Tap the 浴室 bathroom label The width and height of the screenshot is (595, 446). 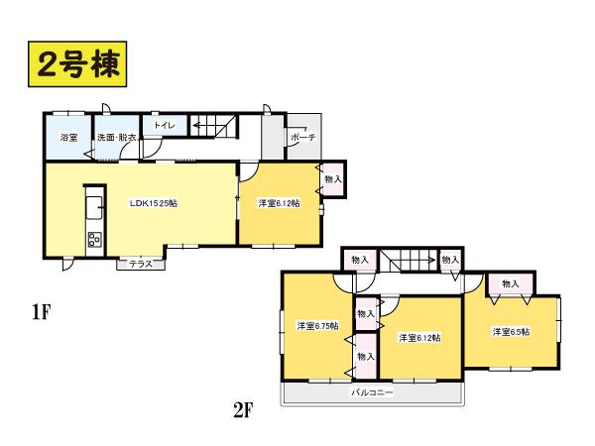69,138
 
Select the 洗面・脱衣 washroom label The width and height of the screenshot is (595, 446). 116,138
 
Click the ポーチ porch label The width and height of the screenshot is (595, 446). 303,137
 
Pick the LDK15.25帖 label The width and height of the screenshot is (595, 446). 155,203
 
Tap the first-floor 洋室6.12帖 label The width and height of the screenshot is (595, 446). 279,203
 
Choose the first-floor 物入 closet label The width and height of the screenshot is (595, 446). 333,179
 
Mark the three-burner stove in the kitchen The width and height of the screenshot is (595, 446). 94,238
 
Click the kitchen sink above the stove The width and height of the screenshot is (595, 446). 94,206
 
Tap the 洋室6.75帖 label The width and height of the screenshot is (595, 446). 317,325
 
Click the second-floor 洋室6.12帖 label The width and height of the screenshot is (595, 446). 419,338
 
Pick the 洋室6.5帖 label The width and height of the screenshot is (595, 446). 512,332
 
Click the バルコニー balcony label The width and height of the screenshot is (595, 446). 372,393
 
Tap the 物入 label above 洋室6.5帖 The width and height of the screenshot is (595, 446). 511,284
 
